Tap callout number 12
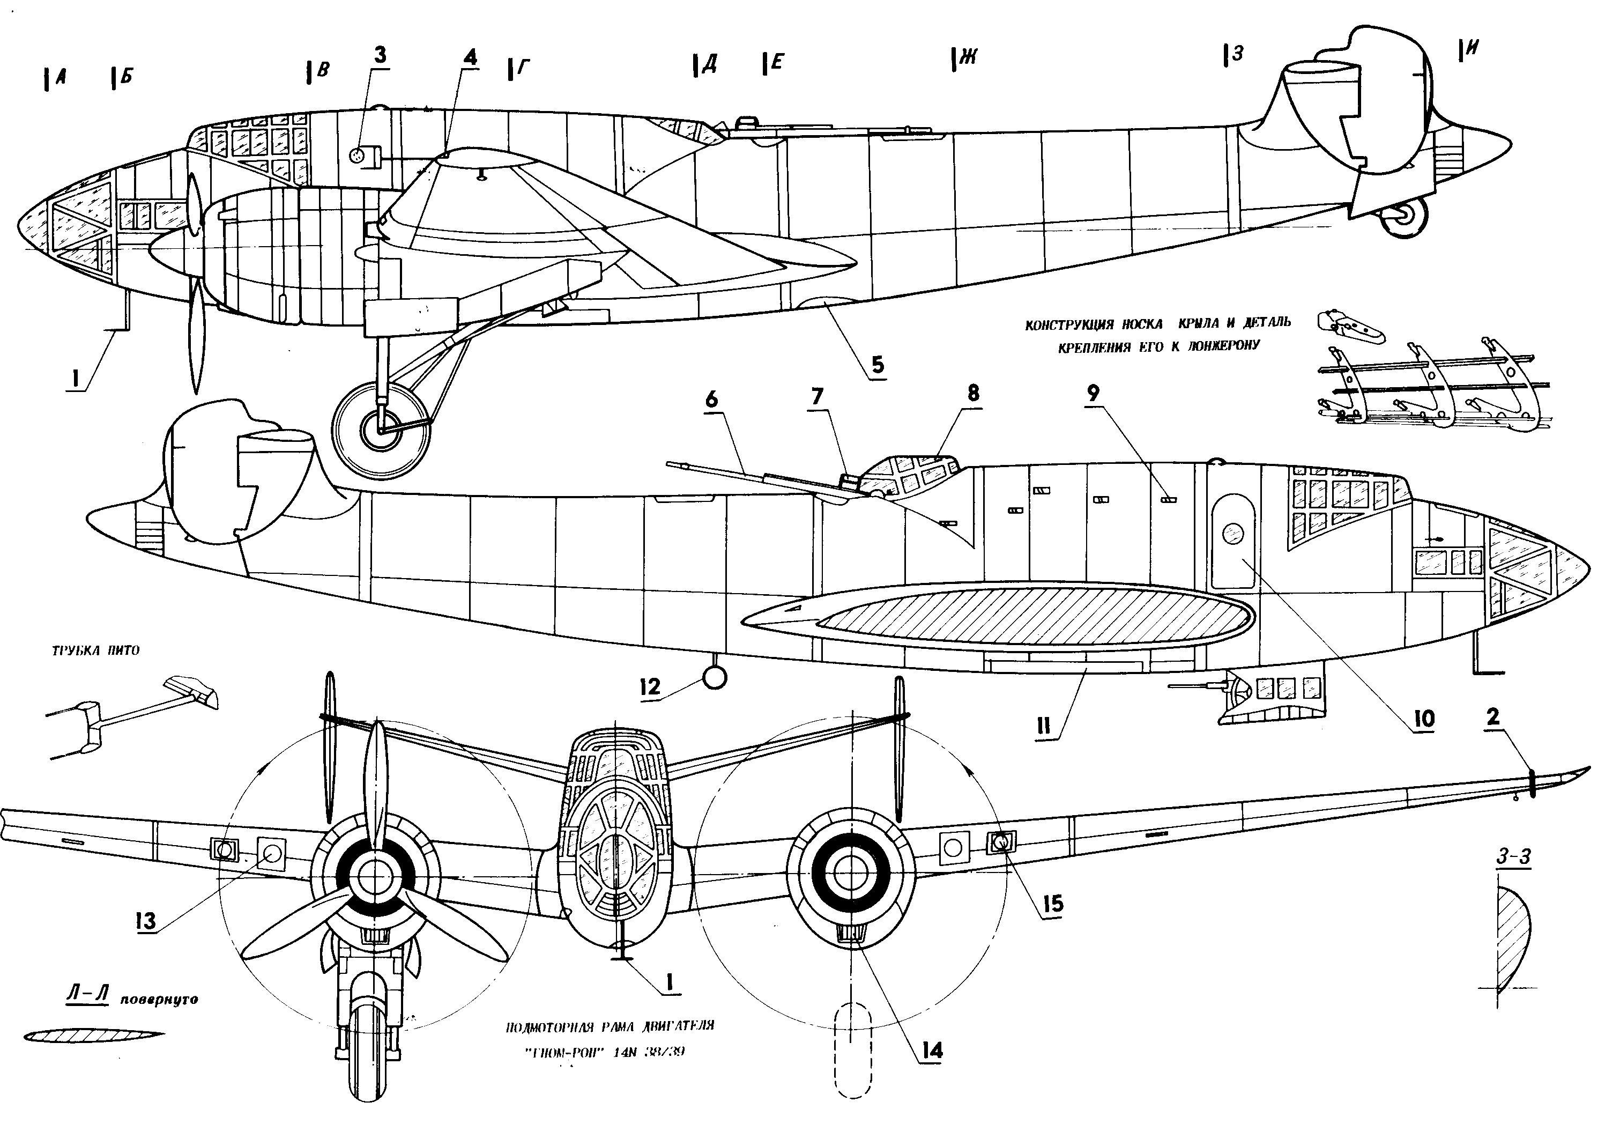tap(649, 686)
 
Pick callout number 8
tap(974, 393)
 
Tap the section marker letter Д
tap(709, 64)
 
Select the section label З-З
tap(1513, 857)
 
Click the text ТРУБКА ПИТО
tap(96, 650)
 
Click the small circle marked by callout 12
tap(714, 677)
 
